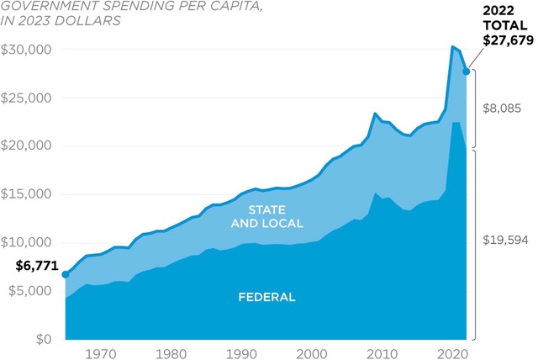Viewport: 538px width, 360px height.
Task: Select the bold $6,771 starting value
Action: click(x=37, y=266)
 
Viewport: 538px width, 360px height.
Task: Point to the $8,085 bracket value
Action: click(x=504, y=109)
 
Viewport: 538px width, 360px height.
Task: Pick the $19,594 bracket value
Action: click(x=506, y=241)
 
